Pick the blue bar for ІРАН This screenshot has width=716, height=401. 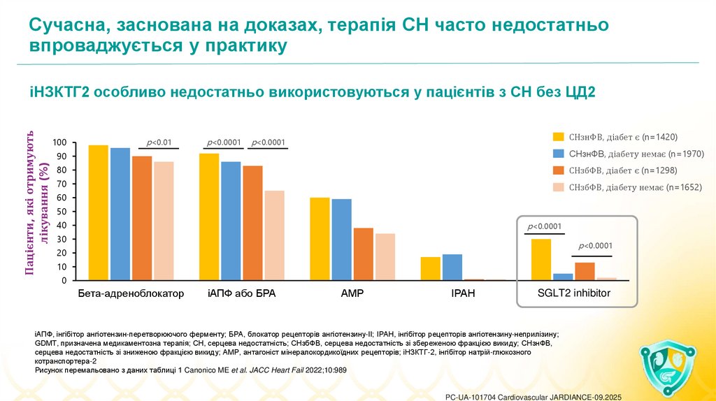tap(452, 267)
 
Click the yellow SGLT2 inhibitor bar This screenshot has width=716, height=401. tap(540, 259)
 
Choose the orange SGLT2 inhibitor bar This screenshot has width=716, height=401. tap(585, 271)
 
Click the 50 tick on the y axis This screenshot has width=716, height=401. tap(62, 212)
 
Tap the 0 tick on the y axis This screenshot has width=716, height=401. tap(65, 281)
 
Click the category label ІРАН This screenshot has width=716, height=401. tap(463, 294)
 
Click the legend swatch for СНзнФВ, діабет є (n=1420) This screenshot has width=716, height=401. tap(558, 137)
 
